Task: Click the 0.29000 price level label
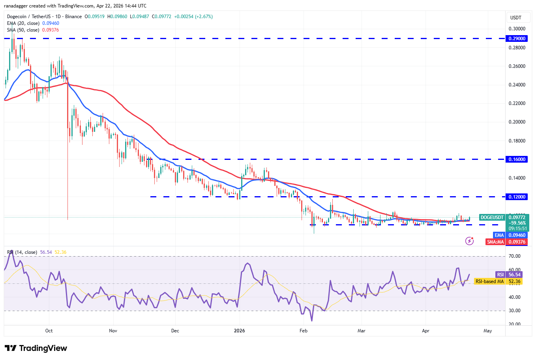click(x=517, y=39)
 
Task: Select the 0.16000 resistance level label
click(x=517, y=159)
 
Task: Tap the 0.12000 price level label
click(x=517, y=197)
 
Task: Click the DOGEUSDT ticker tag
click(x=492, y=217)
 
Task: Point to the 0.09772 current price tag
click(x=517, y=217)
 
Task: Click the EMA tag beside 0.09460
click(x=499, y=235)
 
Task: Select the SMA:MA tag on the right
click(x=495, y=242)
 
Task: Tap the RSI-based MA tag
click(x=489, y=281)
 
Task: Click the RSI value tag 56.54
click(x=514, y=275)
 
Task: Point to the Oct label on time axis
click(x=49, y=331)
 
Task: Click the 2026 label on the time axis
click(x=239, y=331)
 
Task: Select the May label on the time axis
click(x=488, y=331)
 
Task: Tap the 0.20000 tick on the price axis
click(x=517, y=122)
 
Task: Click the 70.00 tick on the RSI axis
click(x=515, y=256)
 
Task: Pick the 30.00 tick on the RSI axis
click(x=515, y=311)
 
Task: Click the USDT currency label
click(x=515, y=18)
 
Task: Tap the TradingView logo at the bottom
click(x=36, y=348)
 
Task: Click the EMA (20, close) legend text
click(x=23, y=23)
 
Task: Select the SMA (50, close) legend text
click(x=23, y=30)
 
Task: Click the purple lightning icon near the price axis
click(x=469, y=241)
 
